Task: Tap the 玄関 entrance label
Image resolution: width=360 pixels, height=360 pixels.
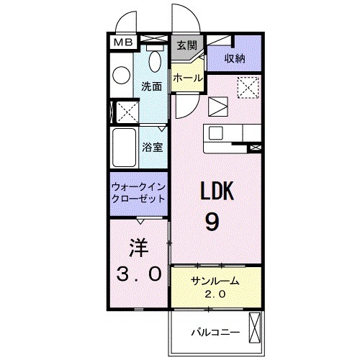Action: pos(186,45)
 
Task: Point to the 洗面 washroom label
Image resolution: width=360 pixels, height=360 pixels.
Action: pos(151,85)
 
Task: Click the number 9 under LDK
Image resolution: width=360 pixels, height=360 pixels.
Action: pos(212,222)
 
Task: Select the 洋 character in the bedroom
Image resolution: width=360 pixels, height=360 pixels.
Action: pos(138,248)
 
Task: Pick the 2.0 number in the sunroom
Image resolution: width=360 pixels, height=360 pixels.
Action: pos(215,294)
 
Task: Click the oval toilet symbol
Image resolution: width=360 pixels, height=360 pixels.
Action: pos(121,74)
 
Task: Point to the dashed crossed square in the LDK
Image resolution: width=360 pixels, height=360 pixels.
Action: pos(249,89)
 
